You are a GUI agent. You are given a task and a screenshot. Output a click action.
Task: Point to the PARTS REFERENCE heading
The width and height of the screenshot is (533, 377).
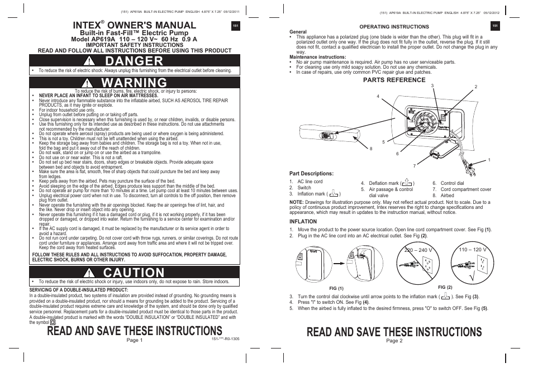coord(394,80)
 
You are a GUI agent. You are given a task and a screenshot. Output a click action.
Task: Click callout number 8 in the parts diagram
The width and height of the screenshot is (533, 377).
coord(371,148)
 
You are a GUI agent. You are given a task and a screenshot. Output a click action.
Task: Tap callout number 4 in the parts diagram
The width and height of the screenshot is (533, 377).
coord(378,97)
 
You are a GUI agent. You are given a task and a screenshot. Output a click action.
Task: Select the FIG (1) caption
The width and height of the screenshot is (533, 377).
coord(336,288)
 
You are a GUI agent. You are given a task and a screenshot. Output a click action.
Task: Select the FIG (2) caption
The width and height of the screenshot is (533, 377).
coord(445,287)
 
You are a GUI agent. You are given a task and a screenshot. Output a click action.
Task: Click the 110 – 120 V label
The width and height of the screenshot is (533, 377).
coord(472,249)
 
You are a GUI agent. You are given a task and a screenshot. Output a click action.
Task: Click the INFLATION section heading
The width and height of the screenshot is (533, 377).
coord(303,221)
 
